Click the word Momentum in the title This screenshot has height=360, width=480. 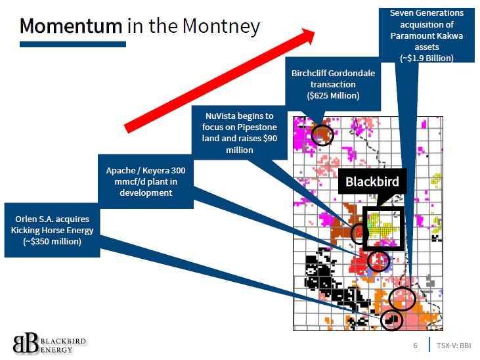[71, 26]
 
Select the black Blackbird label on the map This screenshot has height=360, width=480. [372, 181]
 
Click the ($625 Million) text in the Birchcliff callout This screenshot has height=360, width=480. [333, 96]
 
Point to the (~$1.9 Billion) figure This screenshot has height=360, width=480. [426, 58]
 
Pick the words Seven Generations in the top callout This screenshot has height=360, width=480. [426, 13]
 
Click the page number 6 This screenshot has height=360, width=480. [415, 346]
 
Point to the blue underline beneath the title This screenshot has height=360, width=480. [72, 44]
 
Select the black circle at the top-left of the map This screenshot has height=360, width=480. [322, 135]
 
